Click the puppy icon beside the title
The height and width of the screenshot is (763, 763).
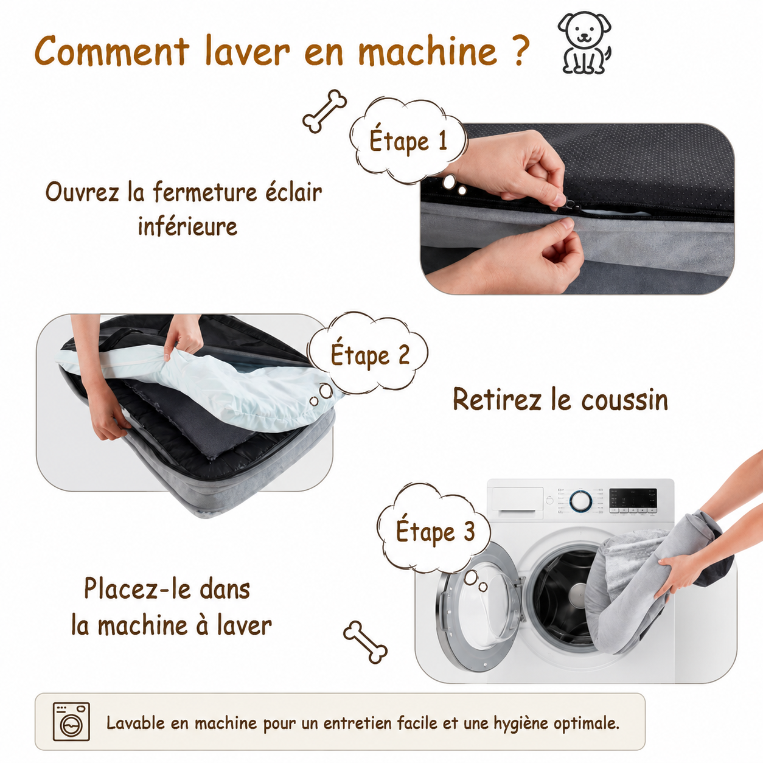tap(585, 43)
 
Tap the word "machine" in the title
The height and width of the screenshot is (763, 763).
tap(427, 51)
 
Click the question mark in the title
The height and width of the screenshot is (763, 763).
tap(518, 51)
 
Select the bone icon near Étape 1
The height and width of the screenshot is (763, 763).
tap(325, 111)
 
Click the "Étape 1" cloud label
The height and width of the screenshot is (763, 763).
tap(408, 141)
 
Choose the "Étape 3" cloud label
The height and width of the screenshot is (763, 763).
tap(435, 531)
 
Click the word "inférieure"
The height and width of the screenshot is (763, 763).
tap(187, 226)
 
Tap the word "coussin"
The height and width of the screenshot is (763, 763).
tap(625, 400)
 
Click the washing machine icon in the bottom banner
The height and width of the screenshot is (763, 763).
tap(71, 722)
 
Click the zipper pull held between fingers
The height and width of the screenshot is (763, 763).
tap(572, 205)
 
